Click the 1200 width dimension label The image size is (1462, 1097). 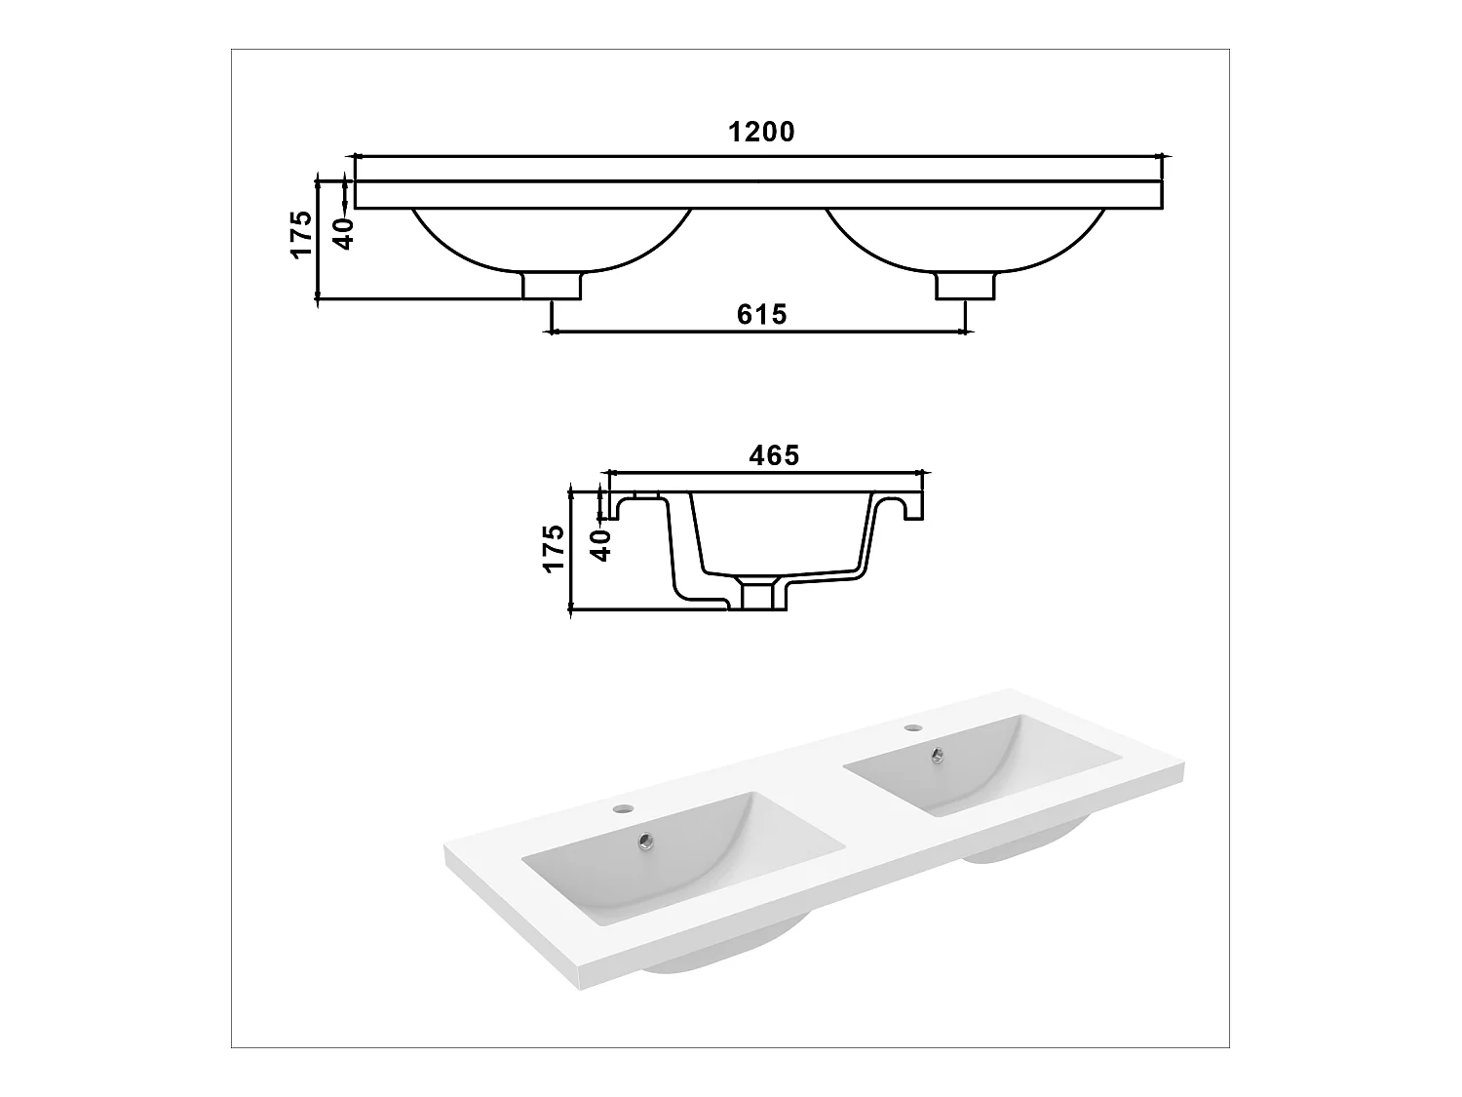(x=761, y=133)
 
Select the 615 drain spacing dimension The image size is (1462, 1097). (x=761, y=315)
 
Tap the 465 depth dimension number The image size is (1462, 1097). (x=774, y=455)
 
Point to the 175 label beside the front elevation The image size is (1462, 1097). (x=301, y=234)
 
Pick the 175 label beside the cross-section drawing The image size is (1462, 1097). (x=553, y=548)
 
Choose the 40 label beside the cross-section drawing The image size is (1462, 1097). (x=601, y=543)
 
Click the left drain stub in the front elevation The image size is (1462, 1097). (x=553, y=286)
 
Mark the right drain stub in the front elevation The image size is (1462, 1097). (x=966, y=286)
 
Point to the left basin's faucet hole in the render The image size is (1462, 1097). (x=620, y=808)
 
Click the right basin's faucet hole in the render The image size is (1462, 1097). (x=912, y=727)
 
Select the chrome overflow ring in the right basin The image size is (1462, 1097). (x=938, y=753)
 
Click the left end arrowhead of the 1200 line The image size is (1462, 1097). (x=357, y=156)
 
